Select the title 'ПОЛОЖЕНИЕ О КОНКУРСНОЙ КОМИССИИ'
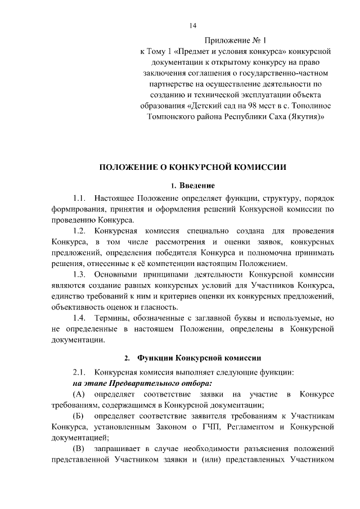[193, 167]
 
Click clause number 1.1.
[79, 199]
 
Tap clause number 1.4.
[79, 318]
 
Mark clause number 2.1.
[79, 372]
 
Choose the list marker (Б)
[79, 415]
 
